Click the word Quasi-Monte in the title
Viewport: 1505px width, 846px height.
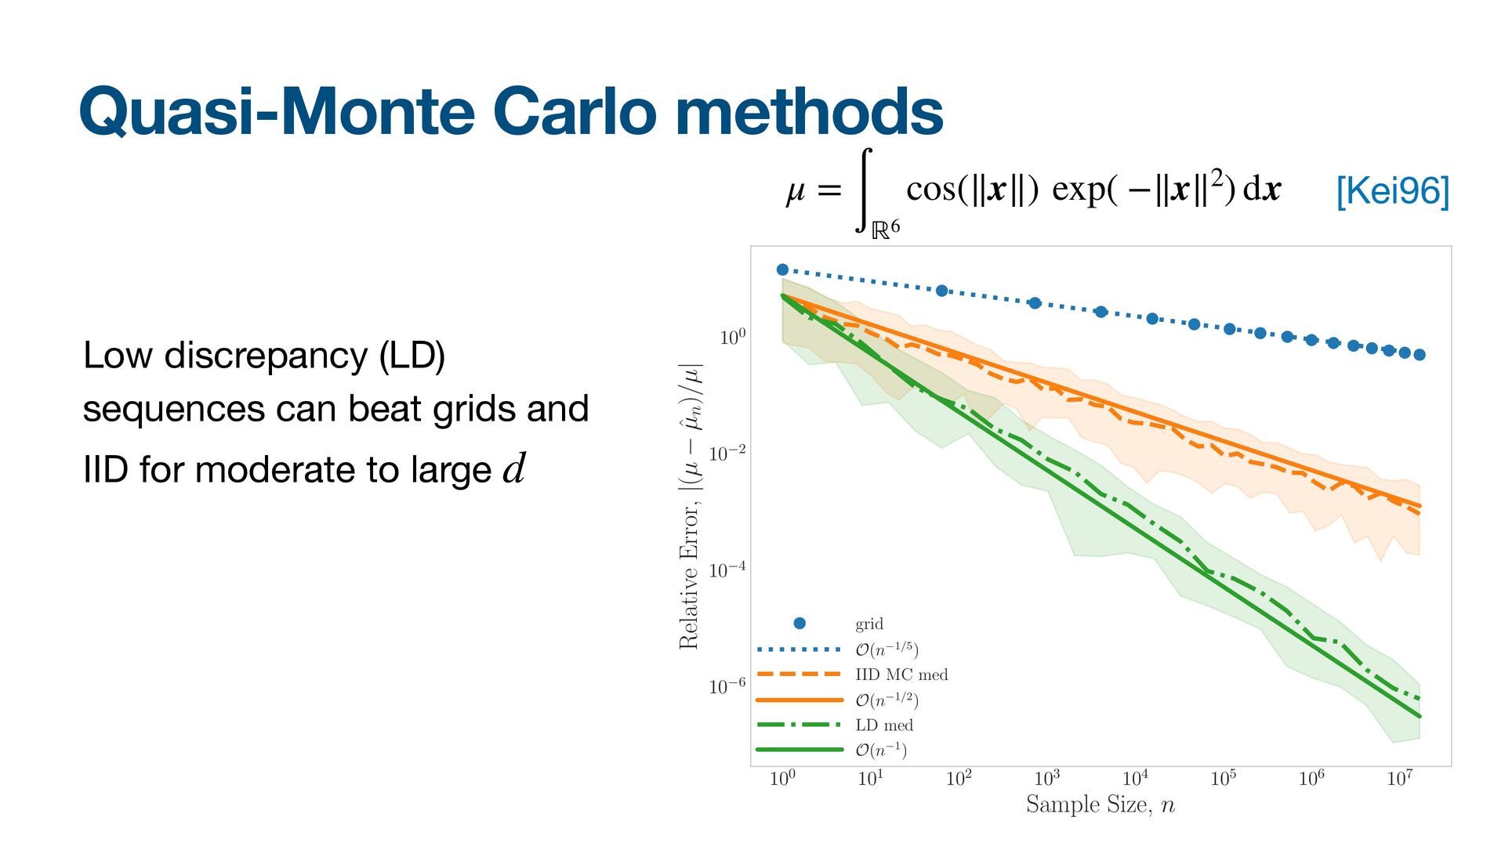[277, 112]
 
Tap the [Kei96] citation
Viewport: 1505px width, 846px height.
[1392, 191]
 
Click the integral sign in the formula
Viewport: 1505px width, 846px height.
[864, 190]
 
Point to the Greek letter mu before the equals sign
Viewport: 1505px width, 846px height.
[795, 190]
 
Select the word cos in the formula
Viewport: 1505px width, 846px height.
[930, 189]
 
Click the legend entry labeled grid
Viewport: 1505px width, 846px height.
[869, 624]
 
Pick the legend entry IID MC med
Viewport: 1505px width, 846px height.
[901, 674]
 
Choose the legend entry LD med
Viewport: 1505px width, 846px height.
[883, 725]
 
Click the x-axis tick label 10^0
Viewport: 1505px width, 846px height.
[782, 778]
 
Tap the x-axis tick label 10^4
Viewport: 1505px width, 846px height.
[1135, 778]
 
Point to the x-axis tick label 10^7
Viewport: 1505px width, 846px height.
[1399, 778]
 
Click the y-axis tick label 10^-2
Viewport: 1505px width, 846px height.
[727, 454]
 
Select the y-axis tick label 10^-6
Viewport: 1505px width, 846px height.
[727, 686]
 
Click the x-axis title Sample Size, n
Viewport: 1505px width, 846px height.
[1100, 804]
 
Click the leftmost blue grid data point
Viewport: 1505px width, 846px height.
[782, 269]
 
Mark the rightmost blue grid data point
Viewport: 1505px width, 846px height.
[1419, 355]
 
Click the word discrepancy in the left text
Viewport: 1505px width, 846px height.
[265, 356]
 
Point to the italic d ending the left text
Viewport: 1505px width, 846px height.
[514, 469]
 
